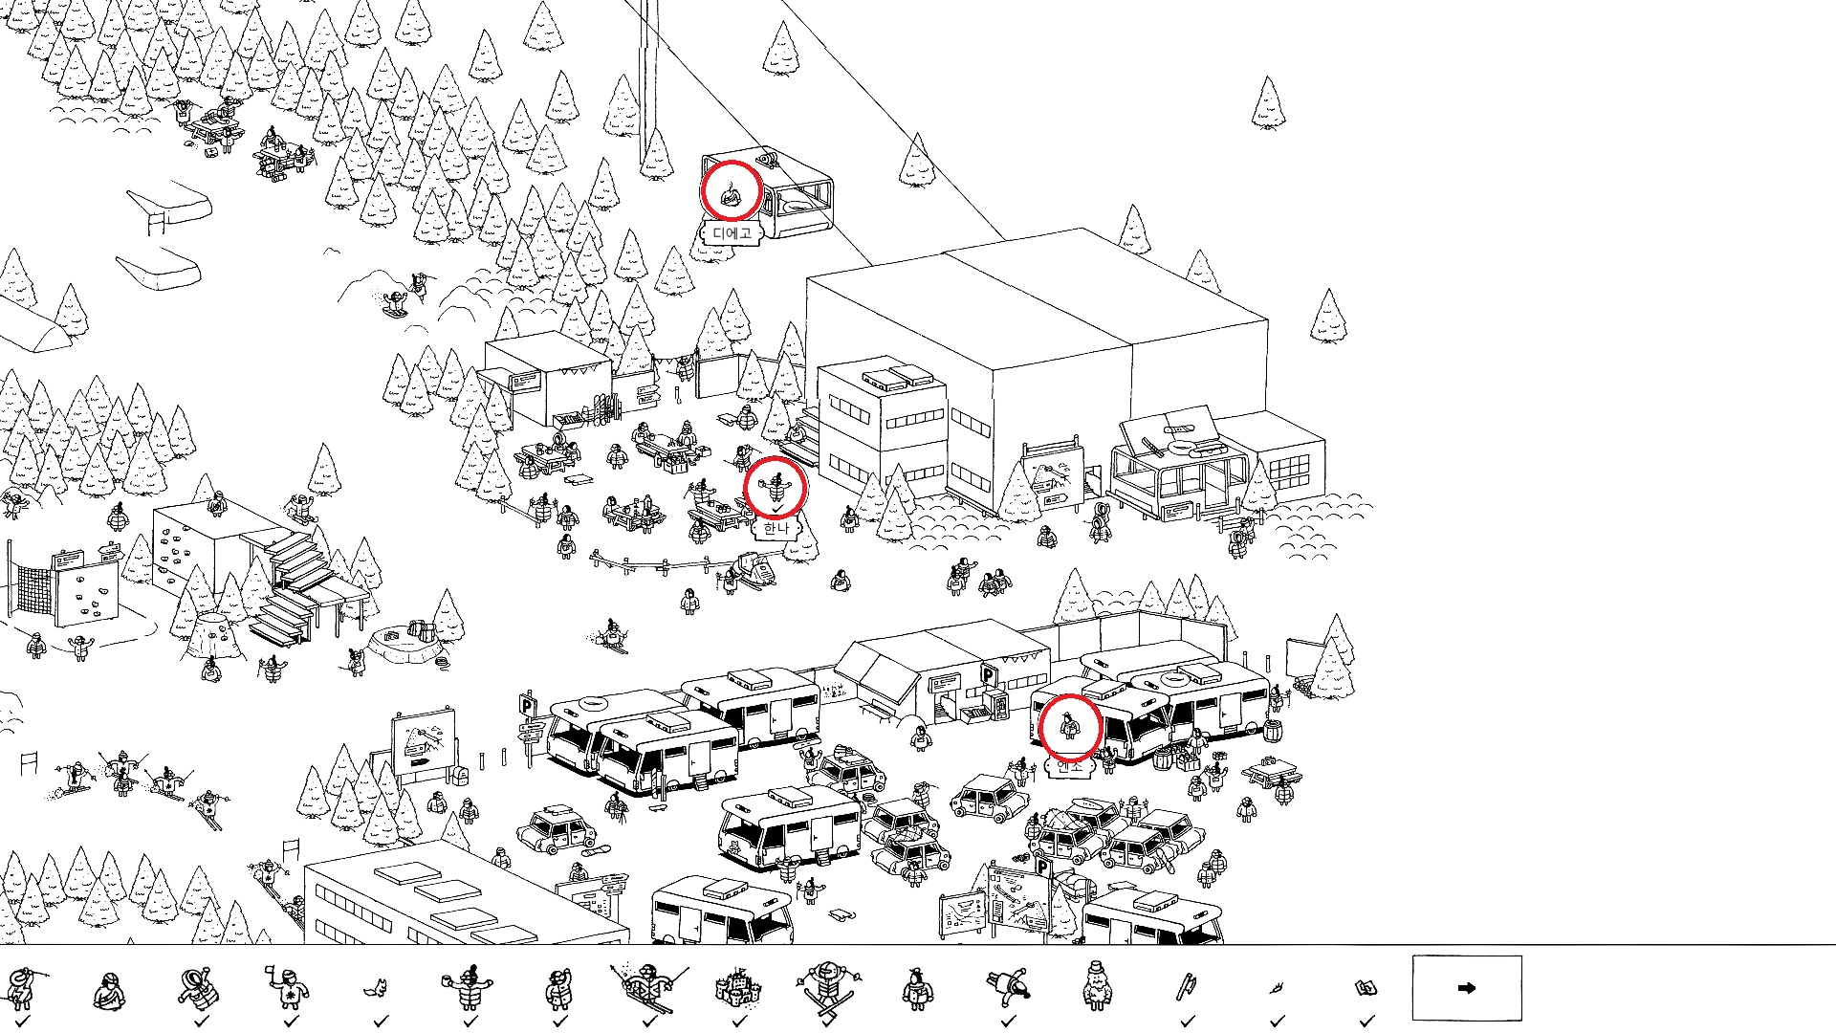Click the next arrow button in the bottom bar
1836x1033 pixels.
pyautogui.click(x=1466, y=988)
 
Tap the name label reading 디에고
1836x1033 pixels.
pyautogui.click(x=732, y=233)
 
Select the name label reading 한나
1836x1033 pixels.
pyautogui.click(x=776, y=528)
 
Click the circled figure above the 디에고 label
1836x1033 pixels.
pyautogui.click(x=732, y=191)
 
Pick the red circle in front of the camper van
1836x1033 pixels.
pyautogui.click(x=1069, y=727)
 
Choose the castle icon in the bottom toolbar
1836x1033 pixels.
pyautogui.click(x=739, y=987)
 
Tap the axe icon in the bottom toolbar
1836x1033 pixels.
pyautogui.click(x=1187, y=986)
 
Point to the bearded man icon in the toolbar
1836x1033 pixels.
pyautogui.click(x=1097, y=986)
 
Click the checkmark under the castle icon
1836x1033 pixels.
pyautogui.click(x=739, y=1022)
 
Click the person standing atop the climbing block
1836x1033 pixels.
pyautogui.click(x=218, y=502)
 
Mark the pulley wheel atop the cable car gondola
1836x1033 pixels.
pyautogui.click(x=768, y=158)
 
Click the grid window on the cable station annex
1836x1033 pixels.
pyautogui.click(x=1290, y=468)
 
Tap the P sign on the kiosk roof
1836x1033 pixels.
pyautogui.click(x=990, y=675)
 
